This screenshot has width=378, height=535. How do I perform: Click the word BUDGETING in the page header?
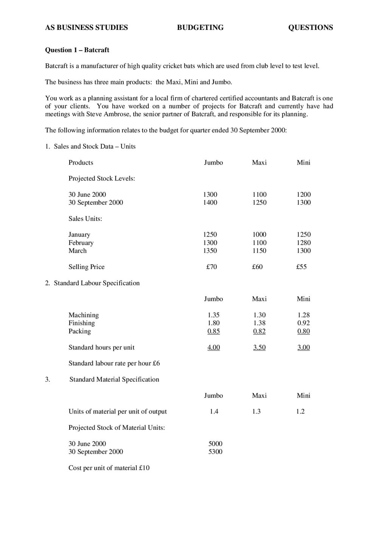200,28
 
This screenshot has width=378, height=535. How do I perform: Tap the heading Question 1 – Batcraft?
77,50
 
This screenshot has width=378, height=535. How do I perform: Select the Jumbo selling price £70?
212,267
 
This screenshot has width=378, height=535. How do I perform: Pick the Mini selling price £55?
301,267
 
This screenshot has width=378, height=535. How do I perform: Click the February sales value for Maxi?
259,243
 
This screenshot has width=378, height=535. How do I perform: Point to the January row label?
79,235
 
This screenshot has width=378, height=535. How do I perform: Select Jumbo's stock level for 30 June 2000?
210,194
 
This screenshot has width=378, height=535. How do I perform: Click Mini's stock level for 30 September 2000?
303,202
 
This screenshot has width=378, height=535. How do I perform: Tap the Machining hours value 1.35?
213,315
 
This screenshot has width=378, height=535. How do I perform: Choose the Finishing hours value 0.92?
303,323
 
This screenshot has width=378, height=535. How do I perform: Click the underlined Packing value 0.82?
259,331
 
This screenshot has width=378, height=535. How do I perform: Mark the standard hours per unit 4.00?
213,347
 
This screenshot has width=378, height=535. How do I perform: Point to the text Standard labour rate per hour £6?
114,363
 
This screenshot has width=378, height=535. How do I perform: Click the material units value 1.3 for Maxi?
256,411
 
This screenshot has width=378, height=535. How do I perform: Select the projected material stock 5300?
215,451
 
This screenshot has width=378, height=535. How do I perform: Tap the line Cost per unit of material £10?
109,468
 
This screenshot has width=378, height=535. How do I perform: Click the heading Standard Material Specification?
114,379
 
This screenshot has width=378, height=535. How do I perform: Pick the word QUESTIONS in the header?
310,28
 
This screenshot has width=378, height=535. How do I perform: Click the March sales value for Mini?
303,250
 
